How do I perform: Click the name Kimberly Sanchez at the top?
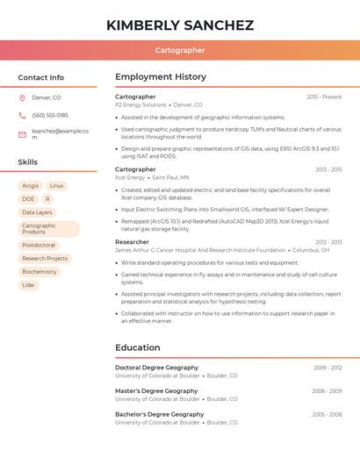[180, 25]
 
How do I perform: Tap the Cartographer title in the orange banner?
[180, 51]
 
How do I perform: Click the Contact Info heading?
[41, 77]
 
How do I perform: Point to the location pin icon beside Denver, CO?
[22, 97]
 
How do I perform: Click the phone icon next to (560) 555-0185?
[22, 115]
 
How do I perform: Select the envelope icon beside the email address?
[22, 134]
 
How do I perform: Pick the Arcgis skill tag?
[30, 186]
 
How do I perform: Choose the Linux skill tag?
[56, 186]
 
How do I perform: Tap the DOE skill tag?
[28, 199]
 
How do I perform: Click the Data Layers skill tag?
[37, 212]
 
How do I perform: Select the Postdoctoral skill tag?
[39, 246]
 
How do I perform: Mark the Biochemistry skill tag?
[40, 272]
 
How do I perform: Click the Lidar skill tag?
[29, 285]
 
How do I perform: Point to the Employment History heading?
[161, 77]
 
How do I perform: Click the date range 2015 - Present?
[324, 97]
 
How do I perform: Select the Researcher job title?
[132, 241]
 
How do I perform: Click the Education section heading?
[138, 347]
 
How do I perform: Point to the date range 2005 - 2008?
[327, 414]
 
